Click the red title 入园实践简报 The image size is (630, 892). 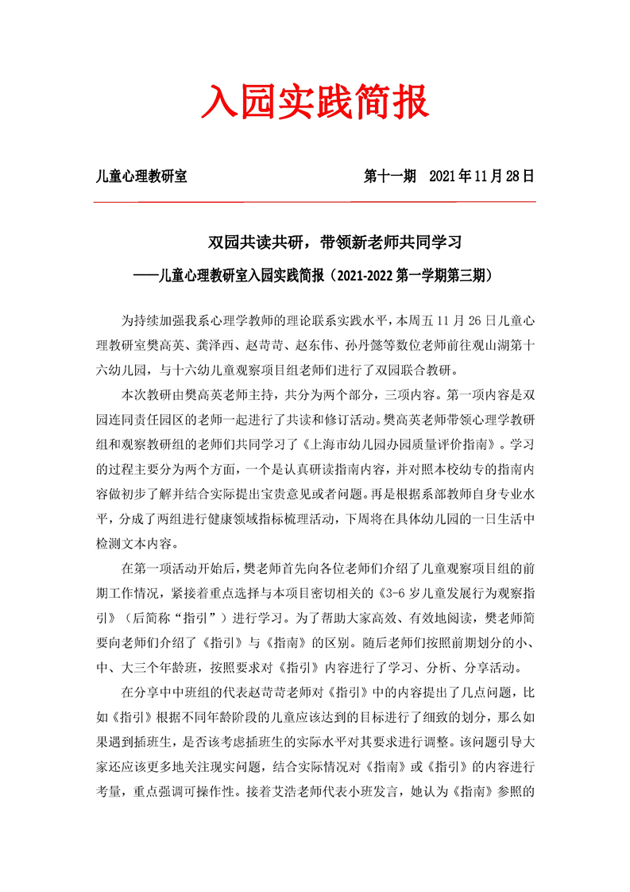(315, 103)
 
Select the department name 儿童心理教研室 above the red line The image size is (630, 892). (141, 176)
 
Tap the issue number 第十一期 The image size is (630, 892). (390, 176)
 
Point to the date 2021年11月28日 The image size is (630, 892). (481, 176)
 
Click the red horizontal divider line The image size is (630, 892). (315, 202)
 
